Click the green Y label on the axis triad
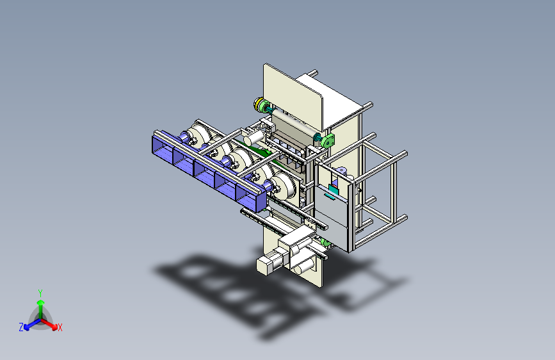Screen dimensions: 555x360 pos(40,293)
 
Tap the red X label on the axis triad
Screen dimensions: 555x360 pos(60,327)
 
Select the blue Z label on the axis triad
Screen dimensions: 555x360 pos(21,327)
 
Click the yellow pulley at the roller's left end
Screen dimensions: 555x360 pos(258,104)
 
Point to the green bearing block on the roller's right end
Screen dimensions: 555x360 pos(327,141)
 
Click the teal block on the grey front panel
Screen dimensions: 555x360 pos(334,189)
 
